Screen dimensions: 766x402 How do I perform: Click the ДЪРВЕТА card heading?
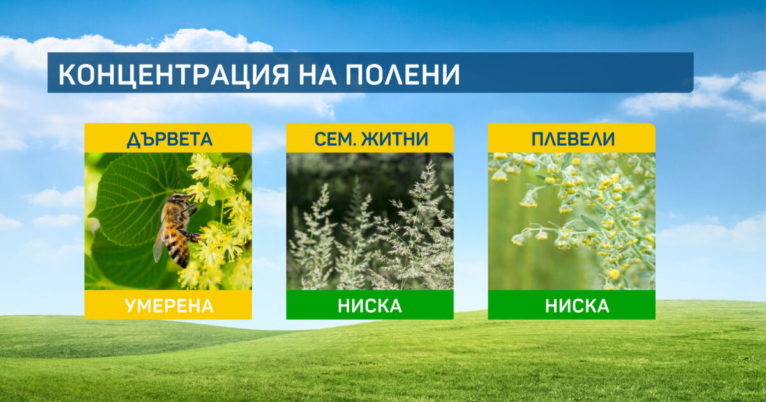tap(170, 140)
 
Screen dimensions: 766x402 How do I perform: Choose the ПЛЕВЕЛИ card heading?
tap(573, 139)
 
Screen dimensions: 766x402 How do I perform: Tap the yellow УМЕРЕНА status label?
tap(169, 306)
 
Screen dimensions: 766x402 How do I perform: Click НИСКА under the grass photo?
tap(370, 306)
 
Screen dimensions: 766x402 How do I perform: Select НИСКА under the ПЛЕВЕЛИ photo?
tap(577, 306)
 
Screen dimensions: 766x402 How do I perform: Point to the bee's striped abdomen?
tap(178, 249)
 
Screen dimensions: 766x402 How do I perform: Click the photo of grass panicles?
tap(370, 221)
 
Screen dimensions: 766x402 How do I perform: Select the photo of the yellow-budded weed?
tap(572, 221)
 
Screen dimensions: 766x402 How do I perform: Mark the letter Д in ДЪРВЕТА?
tap(133, 140)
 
